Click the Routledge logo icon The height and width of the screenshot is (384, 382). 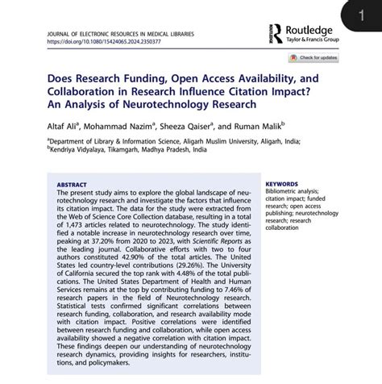pos(277,32)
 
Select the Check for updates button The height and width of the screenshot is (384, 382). pos(315,58)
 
